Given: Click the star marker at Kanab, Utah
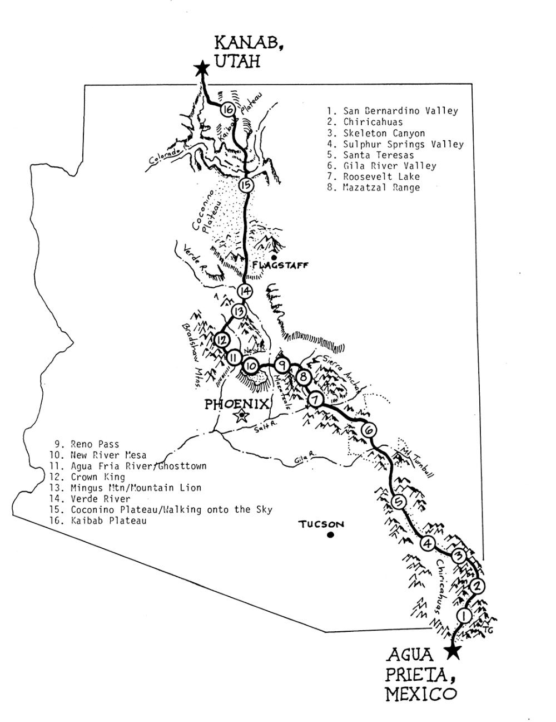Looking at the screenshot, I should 202,68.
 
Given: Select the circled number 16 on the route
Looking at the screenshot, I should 227,110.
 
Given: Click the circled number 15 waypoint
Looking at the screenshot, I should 246,185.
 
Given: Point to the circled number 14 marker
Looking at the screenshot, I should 245,291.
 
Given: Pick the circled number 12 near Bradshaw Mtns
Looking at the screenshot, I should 222,340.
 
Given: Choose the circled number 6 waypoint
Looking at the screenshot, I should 369,430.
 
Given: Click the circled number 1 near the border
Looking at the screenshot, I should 463,616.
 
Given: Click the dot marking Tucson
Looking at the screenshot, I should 330,536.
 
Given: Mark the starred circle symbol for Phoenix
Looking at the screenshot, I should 241,416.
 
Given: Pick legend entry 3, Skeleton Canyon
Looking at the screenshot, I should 384,133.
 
